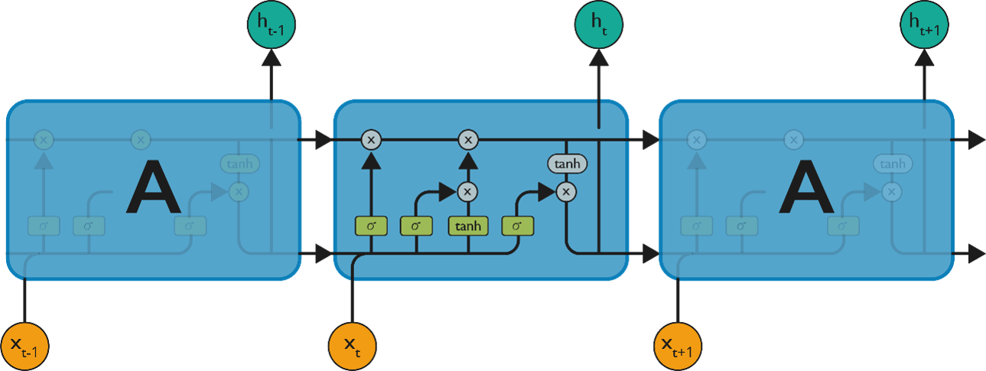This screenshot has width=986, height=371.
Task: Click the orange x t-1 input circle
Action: [25, 347]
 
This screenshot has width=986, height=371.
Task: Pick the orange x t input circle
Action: [352, 347]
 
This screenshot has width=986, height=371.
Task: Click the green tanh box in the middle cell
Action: [468, 226]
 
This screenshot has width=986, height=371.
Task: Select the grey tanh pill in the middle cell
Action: [566, 164]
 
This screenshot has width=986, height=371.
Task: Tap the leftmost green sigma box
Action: [371, 226]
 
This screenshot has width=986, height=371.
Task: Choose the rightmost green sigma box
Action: [517, 226]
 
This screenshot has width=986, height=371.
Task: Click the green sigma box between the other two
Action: [416, 226]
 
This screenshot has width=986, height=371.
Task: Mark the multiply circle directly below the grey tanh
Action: [566, 191]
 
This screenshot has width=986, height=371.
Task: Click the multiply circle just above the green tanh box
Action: [468, 191]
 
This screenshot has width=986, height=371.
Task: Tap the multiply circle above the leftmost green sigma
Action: [371, 140]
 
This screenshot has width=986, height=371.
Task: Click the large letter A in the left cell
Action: [153, 189]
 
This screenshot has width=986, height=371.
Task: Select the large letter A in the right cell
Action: [805, 189]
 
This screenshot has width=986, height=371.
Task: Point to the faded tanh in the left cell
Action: [239, 164]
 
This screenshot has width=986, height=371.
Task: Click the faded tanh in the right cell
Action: [893, 164]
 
